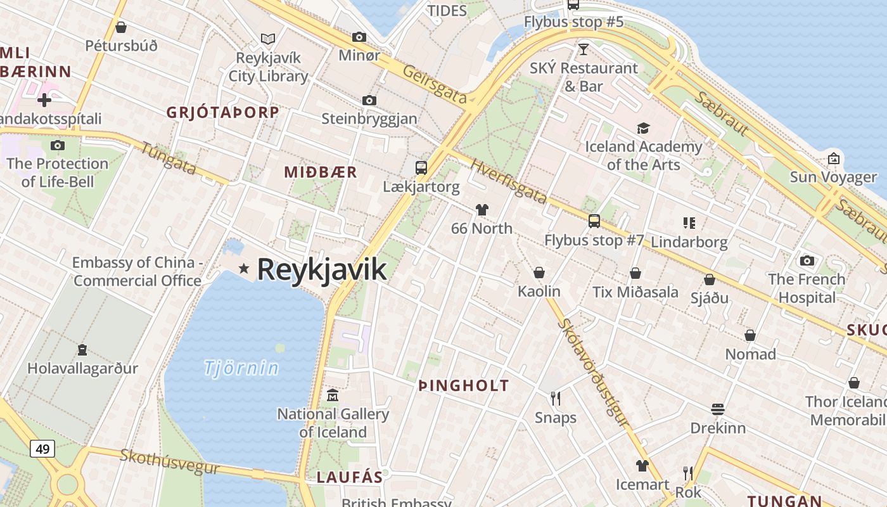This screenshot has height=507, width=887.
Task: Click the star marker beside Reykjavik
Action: [243, 269]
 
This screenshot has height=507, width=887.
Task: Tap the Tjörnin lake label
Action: [241, 368]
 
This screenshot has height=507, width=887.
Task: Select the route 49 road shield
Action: [42, 449]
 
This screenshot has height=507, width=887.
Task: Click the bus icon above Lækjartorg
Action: [421, 168]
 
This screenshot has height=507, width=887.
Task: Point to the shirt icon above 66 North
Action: [482, 210]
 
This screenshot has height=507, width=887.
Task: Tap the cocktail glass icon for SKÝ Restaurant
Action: [584, 49]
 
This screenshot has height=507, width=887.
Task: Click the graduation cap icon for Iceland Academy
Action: [643, 129]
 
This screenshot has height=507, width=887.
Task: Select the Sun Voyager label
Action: [833, 177]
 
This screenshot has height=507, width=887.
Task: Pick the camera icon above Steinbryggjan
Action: [369, 100]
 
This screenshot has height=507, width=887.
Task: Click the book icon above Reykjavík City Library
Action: [268, 39]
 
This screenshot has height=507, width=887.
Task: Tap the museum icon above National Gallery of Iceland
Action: [332, 395]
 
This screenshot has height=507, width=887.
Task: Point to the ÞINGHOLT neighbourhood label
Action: [464, 385]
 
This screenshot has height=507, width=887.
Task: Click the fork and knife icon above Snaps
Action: [556, 399]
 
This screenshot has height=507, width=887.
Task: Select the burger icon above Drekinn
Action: [717, 409]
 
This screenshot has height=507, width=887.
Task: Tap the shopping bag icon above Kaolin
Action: [539, 273]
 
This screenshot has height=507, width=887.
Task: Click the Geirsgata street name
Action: [435, 84]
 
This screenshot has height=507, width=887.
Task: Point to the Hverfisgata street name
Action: [509, 181]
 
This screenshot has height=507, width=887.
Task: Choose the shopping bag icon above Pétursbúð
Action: [121, 27]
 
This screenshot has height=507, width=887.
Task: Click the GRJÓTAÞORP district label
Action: [222, 112]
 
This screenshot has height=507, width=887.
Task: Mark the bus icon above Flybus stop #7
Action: [594, 221]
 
